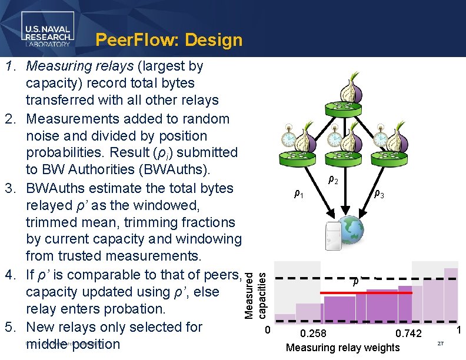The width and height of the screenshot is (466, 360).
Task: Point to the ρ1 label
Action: click(x=299, y=194)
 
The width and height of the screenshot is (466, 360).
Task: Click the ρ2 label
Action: click(x=332, y=180)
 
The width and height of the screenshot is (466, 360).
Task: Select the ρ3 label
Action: click(x=380, y=194)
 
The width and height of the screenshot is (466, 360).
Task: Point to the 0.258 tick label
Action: click(x=312, y=334)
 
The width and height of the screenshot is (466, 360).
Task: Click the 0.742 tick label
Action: click(x=408, y=334)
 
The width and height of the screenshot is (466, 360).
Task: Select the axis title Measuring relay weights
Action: click(x=342, y=347)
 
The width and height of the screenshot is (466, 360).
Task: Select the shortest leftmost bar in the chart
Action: click(x=285, y=318)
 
